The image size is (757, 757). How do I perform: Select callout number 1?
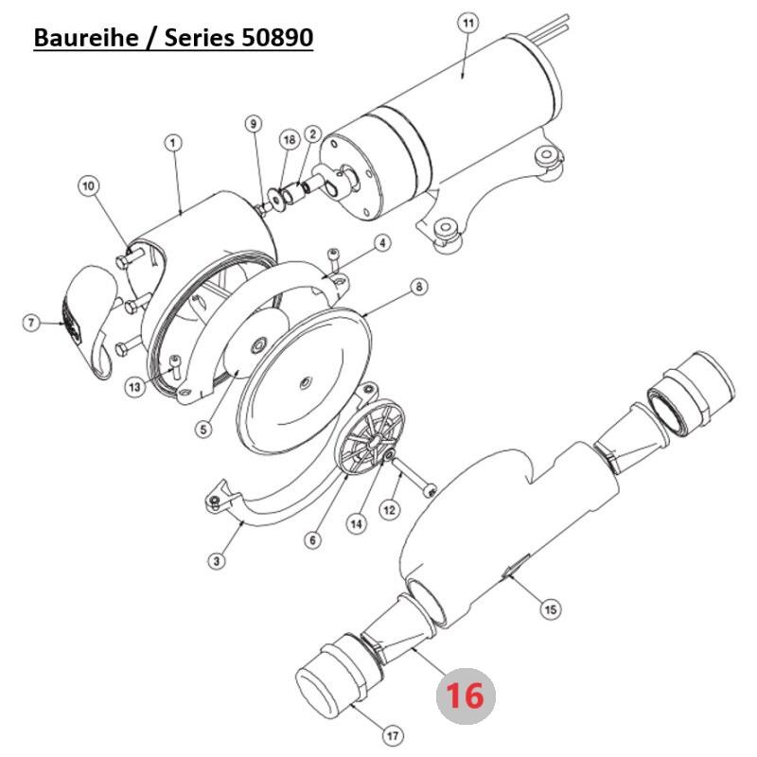click(173, 143)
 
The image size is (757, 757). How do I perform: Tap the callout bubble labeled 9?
click(252, 124)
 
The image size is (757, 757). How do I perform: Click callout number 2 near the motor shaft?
click(312, 136)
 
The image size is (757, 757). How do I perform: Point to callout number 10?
click(88, 186)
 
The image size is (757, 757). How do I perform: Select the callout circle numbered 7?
click(31, 324)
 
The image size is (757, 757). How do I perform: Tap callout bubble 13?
click(135, 386)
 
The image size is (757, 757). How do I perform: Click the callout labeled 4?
click(382, 243)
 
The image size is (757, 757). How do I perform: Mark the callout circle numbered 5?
click(202, 429)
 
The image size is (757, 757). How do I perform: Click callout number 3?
click(217, 562)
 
